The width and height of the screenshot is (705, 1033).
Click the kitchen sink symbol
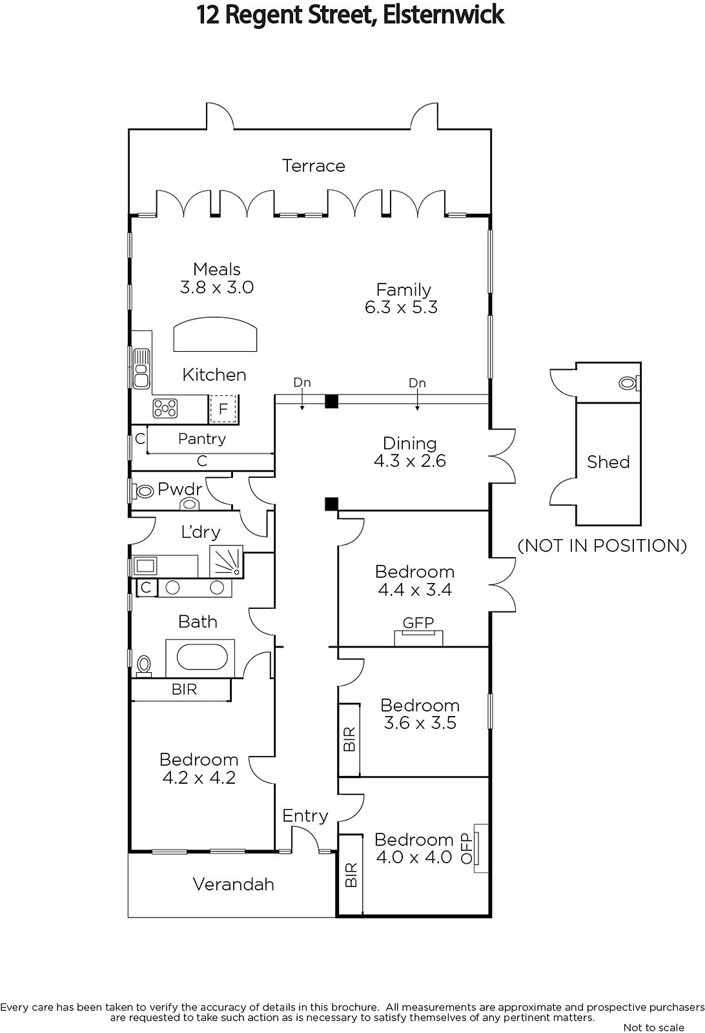141,369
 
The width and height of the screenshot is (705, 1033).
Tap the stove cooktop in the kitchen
165,408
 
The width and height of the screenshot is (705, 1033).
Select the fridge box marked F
223,409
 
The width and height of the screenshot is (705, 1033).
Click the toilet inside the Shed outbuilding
628,383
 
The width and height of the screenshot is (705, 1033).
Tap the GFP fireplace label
418,623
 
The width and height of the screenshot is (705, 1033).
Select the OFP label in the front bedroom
467,848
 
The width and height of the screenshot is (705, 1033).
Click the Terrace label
314,165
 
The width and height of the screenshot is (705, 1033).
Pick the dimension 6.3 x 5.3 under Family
401,307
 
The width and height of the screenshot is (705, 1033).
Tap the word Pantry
202,438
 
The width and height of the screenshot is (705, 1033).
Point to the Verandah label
233,885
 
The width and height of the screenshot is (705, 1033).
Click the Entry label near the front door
305,816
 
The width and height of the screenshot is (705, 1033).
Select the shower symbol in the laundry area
227,561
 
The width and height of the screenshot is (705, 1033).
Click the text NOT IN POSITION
602,546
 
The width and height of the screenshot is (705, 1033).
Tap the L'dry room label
201,532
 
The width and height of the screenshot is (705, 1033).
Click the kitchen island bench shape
215,334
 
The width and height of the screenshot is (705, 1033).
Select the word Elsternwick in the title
444,15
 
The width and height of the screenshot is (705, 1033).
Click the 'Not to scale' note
654,1027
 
